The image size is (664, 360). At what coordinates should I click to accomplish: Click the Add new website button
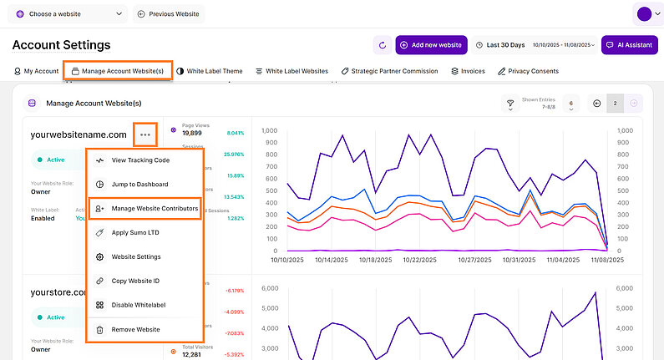coord(431,44)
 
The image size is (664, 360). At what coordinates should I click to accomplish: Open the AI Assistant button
coord(629,44)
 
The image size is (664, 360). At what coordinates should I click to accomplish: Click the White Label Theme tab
coord(210,71)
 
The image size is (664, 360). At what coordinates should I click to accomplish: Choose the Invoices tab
coord(468,71)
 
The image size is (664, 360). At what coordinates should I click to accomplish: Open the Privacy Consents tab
coord(528,71)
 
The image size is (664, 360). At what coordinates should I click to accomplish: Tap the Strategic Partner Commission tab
coord(389,71)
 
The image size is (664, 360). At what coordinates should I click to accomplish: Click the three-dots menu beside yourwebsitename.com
coord(145,134)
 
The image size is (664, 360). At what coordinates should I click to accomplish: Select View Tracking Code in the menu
coord(140,160)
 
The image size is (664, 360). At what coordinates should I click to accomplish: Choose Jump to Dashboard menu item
coord(139,185)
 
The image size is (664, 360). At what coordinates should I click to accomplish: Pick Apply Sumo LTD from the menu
coord(136,232)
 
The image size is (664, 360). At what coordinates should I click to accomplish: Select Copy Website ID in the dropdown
coord(137,281)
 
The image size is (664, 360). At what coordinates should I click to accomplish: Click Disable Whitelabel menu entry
coord(140,306)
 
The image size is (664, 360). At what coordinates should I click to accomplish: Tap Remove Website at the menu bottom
coord(135,330)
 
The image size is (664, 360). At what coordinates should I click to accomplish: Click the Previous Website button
coord(168,14)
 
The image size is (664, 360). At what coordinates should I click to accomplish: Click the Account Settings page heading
coord(61,44)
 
